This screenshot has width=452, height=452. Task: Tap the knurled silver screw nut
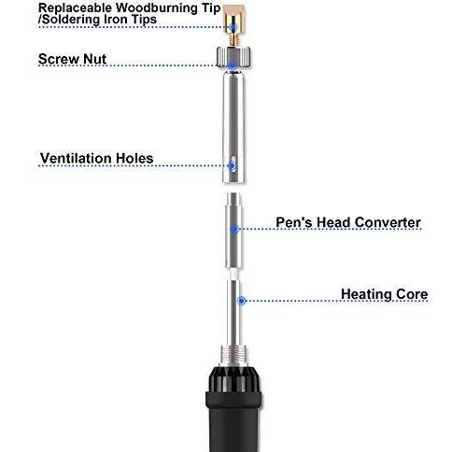click(x=233, y=56)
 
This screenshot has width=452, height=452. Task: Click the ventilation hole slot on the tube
click(x=233, y=162)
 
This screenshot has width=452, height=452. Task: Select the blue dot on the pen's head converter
click(x=234, y=230)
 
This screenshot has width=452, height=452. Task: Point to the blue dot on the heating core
click(x=241, y=301)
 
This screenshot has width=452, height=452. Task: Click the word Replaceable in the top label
click(x=75, y=8)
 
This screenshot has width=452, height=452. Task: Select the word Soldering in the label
click(x=70, y=20)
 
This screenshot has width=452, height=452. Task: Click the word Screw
click(x=58, y=59)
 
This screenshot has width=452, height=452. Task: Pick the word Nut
click(x=94, y=59)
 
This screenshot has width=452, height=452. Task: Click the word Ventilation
click(x=76, y=158)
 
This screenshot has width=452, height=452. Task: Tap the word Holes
click(x=134, y=158)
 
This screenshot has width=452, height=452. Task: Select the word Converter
click(x=388, y=222)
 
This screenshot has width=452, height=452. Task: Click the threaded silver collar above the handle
click(x=233, y=355)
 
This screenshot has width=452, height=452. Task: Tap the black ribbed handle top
click(x=233, y=380)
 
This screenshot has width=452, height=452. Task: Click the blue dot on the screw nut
click(x=233, y=65)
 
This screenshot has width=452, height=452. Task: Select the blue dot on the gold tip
click(x=233, y=27)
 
